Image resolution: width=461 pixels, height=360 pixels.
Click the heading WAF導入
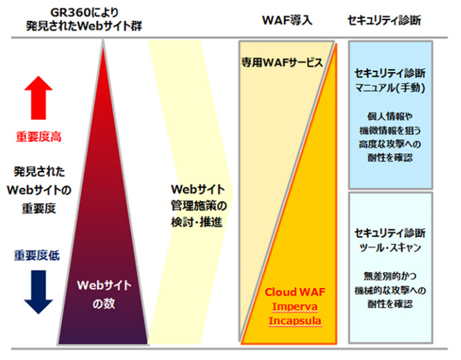286,20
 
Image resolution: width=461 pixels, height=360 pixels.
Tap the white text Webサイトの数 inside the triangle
105,294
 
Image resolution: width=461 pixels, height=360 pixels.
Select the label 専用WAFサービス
282,62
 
